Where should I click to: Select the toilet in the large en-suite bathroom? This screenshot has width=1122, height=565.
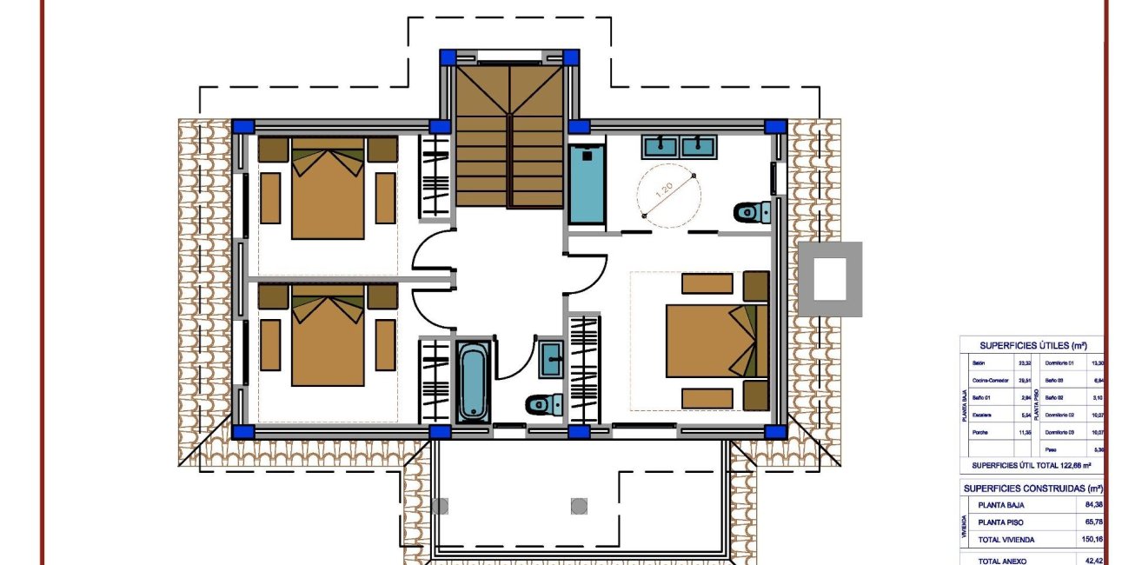749,211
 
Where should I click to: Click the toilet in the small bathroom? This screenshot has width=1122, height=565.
541,404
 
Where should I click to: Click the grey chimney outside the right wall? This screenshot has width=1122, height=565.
830,279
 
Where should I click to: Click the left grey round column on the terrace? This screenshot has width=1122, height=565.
441,506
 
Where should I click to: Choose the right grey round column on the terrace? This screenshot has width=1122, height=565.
580,506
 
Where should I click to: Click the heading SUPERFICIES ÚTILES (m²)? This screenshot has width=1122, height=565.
1032,344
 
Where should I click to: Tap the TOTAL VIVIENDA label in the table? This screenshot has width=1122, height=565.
1006,540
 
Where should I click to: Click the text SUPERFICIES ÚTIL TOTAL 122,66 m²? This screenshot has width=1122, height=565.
1031,465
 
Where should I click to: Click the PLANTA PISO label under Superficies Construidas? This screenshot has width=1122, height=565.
1006,522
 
